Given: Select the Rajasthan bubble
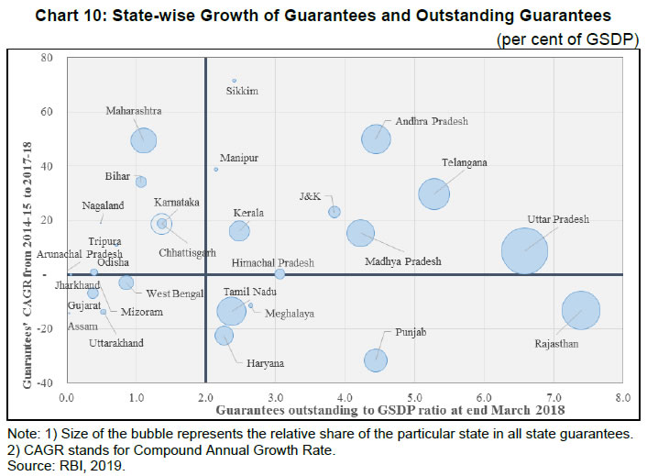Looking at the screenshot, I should pos(580,310).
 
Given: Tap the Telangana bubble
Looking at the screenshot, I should pos(433,194).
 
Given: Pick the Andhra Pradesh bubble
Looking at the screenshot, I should pos(376,138).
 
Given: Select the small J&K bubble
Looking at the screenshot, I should pos(334,212).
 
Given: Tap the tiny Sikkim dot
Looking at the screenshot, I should pos(234,81).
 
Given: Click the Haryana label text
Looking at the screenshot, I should pos(267,363).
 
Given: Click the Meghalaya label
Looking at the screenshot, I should pos(290,314).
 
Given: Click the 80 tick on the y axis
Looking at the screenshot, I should pos(44,58).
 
